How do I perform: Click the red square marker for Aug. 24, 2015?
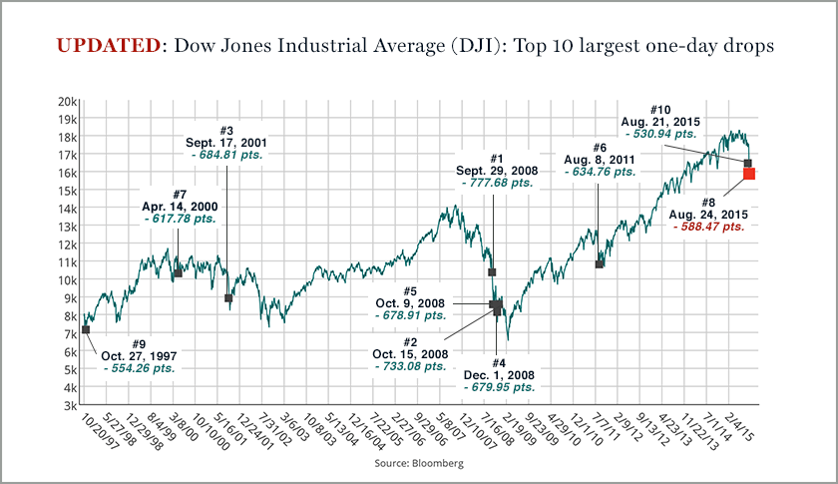tap(749, 174)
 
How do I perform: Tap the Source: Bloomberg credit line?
tap(419, 464)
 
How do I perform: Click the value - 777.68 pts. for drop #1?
tap(496, 183)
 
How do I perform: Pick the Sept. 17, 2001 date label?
tap(226, 143)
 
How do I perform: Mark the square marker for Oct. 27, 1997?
tap(86, 329)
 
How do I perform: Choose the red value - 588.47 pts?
tap(709, 227)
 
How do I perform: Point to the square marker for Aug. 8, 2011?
tap(600, 264)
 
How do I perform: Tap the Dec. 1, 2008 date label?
tap(499, 374)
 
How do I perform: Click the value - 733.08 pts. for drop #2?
tap(410, 366)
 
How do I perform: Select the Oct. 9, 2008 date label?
tap(411, 304)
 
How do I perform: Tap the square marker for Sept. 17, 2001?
tap(228, 298)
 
